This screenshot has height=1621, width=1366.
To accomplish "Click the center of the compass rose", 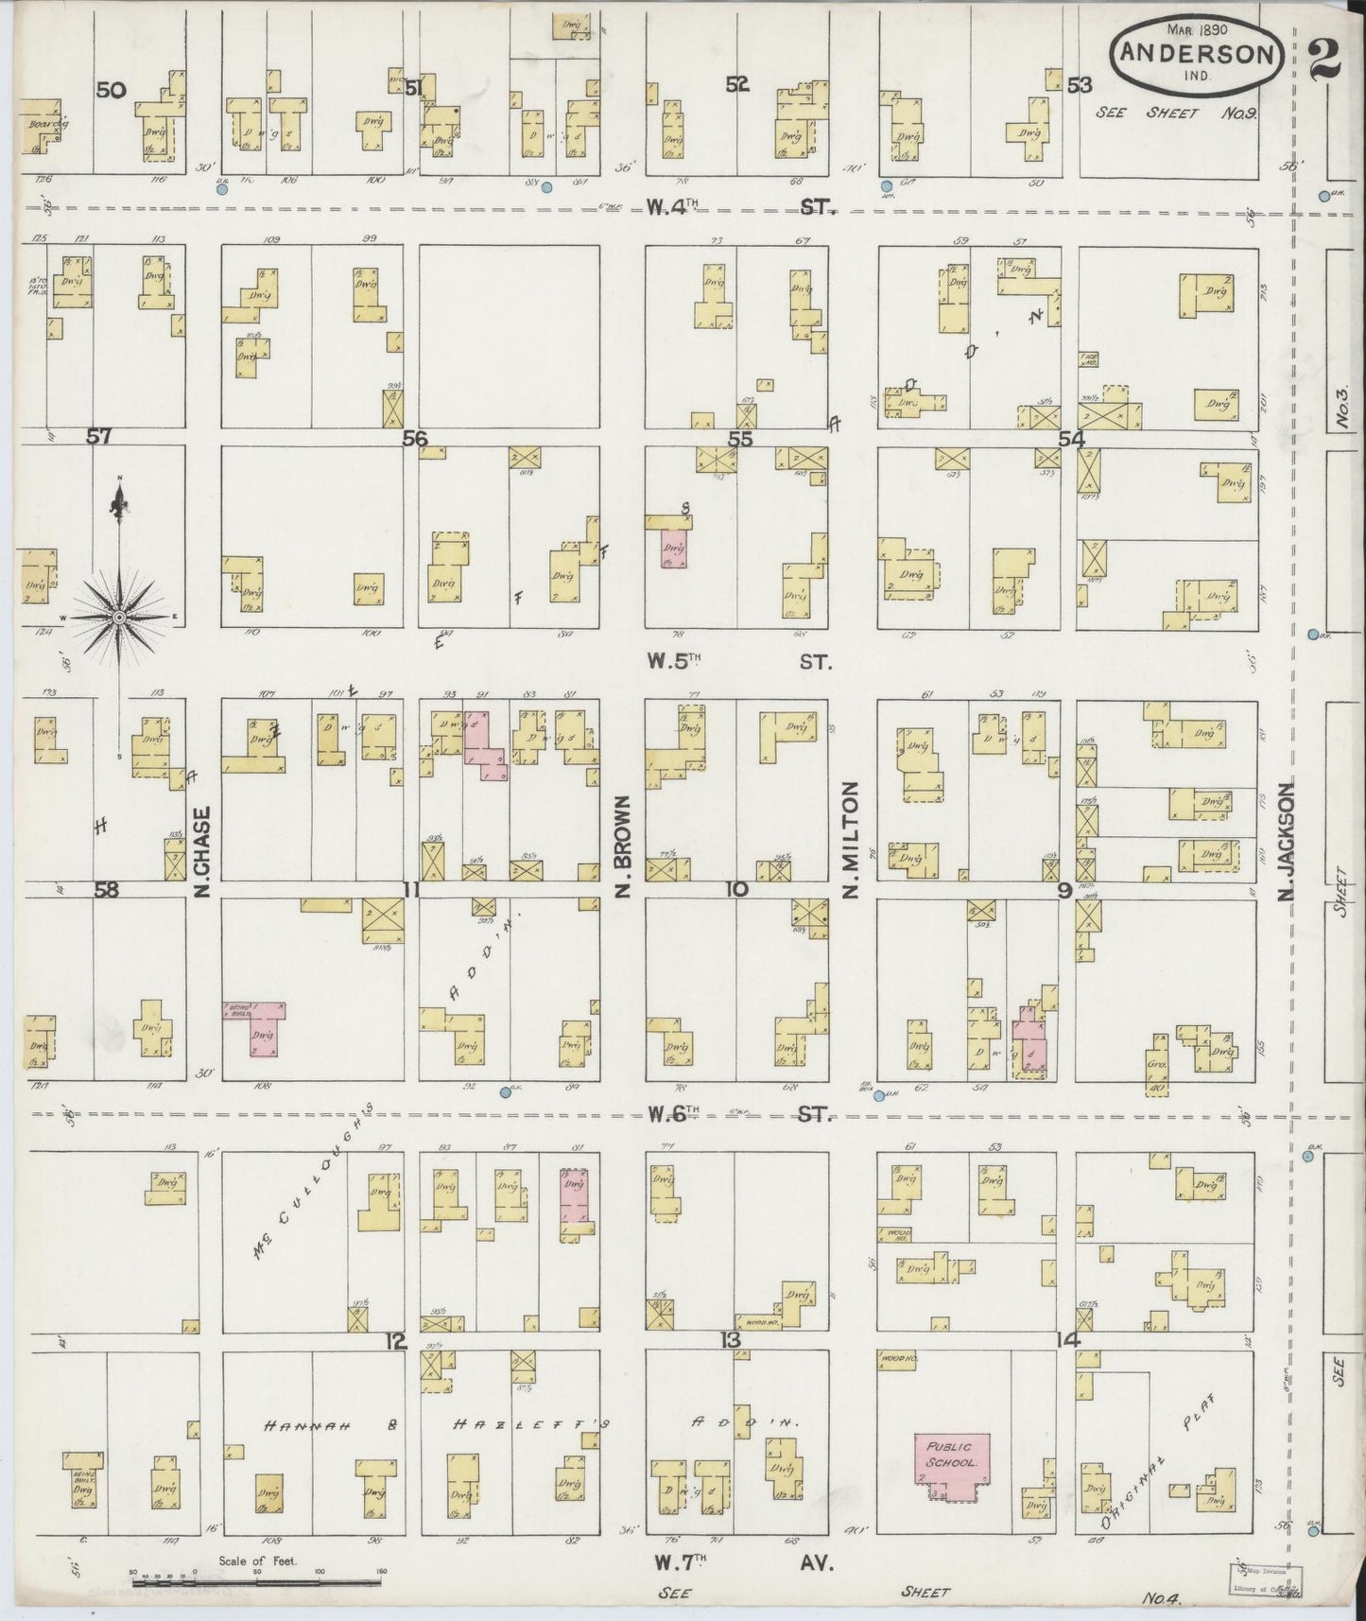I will tap(119, 618).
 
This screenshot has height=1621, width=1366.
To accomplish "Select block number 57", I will tap(99, 437).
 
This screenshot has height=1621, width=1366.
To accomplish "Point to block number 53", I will tap(1079, 85).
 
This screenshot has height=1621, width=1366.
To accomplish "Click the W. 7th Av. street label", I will tap(737, 1561).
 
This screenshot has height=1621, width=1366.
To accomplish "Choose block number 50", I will tap(111, 90).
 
